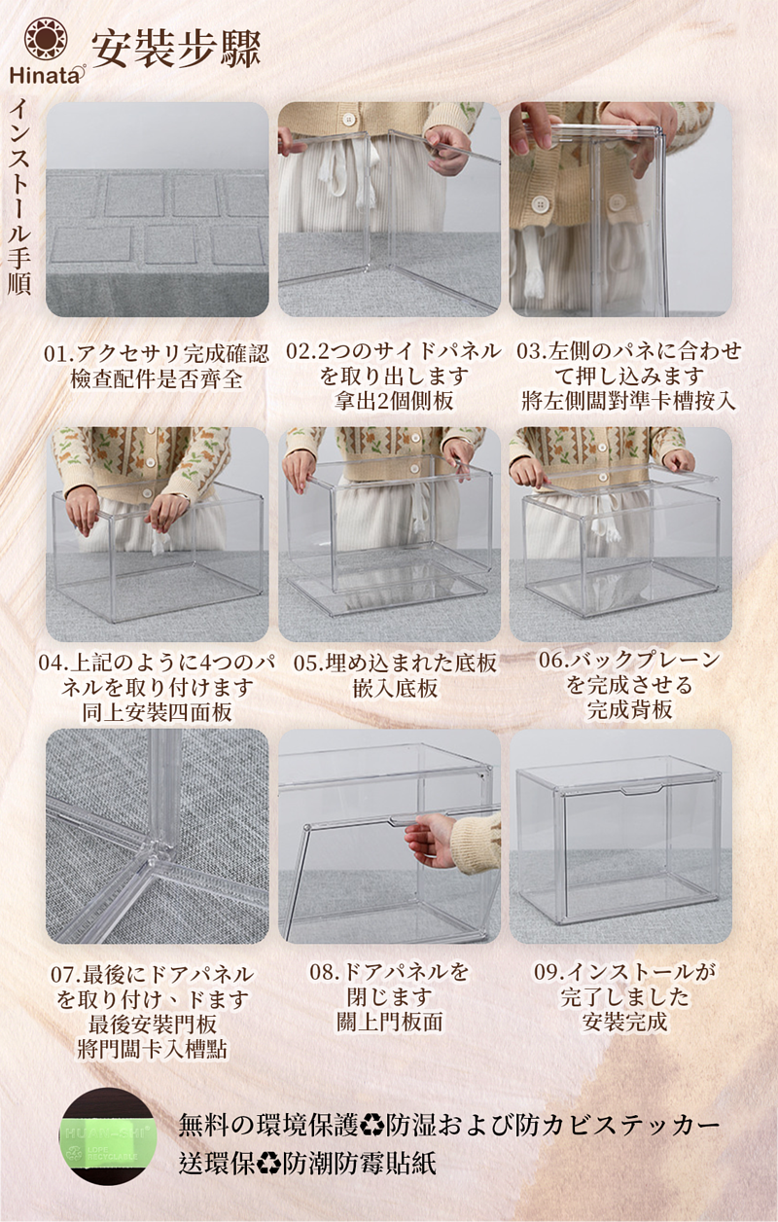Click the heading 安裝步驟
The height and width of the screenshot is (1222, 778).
(x=176, y=50)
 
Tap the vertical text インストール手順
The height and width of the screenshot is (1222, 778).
(x=19, y=197)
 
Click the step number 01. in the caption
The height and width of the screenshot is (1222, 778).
(x=59, y=354)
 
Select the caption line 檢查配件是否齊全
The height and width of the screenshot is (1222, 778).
(x=157, y=379)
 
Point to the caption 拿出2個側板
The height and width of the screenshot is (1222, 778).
(x=394, y=401)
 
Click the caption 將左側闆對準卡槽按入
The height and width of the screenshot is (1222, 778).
(x=628, y=401)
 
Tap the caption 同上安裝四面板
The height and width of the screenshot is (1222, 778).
(x=157, y=712)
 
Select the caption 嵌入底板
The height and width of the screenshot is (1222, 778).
(x=395, y=688)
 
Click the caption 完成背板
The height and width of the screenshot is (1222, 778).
(x=630, y=709)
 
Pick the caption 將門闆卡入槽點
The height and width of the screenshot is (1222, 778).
(x=152, y=1049)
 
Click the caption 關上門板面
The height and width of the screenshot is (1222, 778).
(x=389, y=1022)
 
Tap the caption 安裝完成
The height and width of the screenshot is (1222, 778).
(x=624, y=1022)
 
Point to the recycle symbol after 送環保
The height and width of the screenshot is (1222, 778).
(x=268, y=1162)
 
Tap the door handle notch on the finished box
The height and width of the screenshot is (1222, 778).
(x=642, y=789)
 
